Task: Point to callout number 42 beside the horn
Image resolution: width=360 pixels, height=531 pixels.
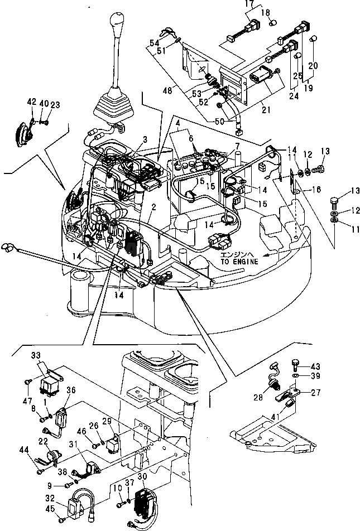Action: click(31, 103)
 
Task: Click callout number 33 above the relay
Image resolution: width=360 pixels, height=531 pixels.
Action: click(36, 355)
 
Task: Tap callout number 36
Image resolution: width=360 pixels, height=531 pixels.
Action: click(71, 390)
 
